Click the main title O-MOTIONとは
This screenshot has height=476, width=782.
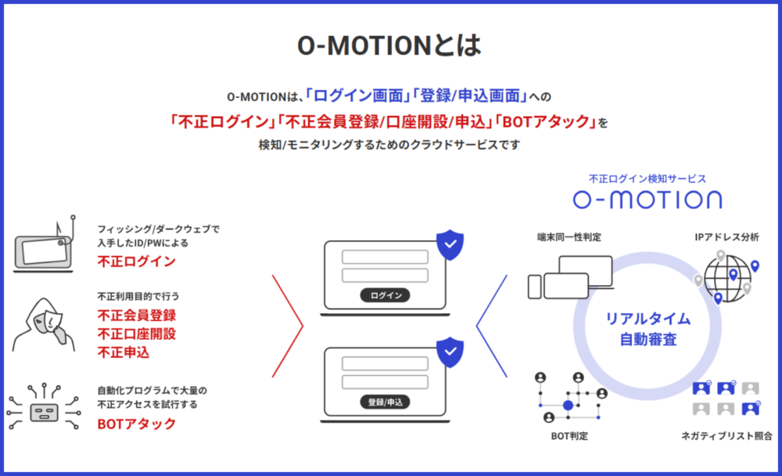[389, 45]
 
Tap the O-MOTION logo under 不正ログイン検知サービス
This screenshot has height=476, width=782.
[647, 199]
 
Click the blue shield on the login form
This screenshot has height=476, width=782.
[449, 245]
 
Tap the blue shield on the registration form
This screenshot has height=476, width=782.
[449, 352]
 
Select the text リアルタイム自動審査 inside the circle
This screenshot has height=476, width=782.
[647, 329]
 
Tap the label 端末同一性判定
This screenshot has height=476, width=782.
[569, 237]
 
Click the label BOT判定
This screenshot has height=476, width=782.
[569, 435]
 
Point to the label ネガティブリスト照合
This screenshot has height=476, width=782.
[725, 435]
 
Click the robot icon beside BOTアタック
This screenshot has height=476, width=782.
[45, 407]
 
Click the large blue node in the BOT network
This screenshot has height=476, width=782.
[569, 406]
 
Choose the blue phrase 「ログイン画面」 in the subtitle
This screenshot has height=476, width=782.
[358, 96]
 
